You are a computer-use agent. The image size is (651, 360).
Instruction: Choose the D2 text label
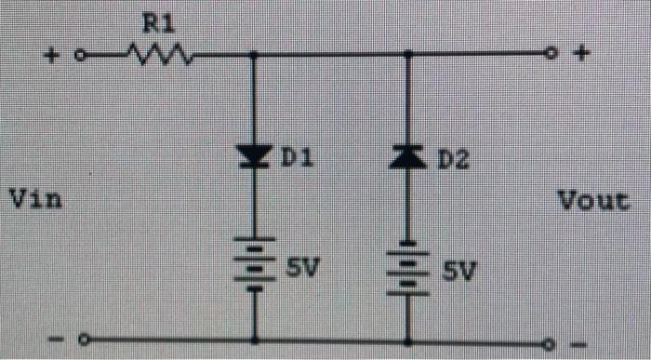(x=451, y=161)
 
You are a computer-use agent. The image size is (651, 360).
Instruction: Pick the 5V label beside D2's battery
(x=458, y=272)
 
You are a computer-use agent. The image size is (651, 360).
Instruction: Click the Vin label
(x=34, y=198)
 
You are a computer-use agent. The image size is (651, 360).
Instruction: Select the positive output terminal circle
(x=551, y=54)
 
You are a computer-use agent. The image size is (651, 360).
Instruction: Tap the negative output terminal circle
(x=551, y=344)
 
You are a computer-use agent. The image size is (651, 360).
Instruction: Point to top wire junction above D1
(x=253, y=55)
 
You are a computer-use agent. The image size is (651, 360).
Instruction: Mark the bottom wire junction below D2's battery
(x=407, y=341)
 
